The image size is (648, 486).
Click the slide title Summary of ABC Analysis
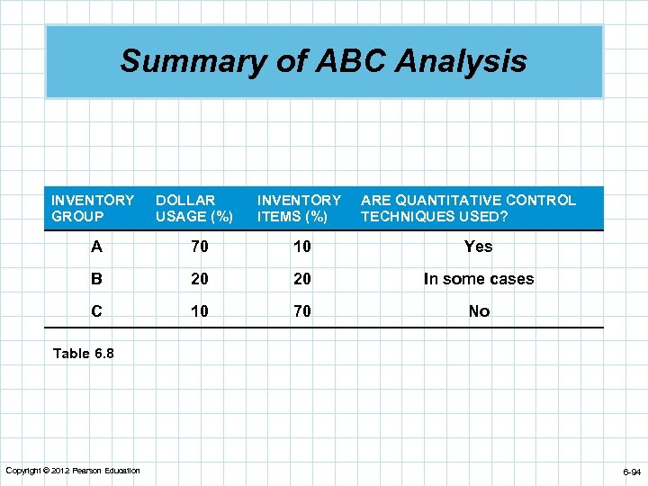coord(323,61)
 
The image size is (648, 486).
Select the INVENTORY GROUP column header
coord(93,208)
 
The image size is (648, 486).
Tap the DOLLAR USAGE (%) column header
coord(193,208)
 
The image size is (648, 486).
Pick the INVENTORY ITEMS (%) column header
coord(299,208)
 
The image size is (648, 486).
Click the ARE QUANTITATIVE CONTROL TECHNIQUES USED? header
coord(468,208)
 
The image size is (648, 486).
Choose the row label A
coord(95,247)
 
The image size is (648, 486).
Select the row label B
coord(95,279)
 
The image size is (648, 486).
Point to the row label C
coord(95,311)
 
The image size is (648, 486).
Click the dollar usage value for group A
coord(200,247)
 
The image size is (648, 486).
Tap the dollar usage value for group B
coord(200,279)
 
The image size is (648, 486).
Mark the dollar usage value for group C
coord(200,311)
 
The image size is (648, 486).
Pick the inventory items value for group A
coord(301,247)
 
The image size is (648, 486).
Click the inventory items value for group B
coord(301,279)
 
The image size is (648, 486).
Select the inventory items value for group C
coord(301,311)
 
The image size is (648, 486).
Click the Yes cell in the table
coord(478,247)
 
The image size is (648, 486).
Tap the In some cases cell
coord(478,279)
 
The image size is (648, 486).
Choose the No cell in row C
coord(478,311)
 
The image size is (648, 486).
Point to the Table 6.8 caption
coord(84,354)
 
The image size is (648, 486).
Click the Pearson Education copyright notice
coord(73,471)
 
